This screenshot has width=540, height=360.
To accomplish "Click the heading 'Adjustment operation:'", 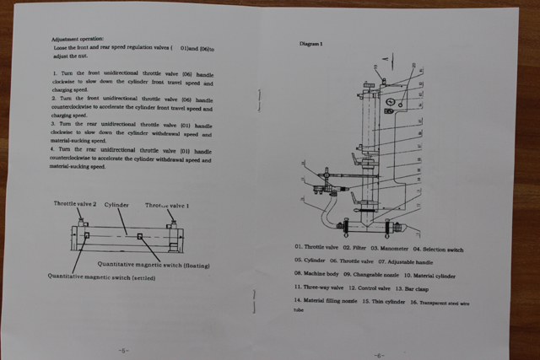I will tap(78, 40).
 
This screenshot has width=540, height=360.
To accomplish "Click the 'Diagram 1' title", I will tap(312, 42).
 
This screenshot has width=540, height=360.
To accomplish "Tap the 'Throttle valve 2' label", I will tap(76, 204).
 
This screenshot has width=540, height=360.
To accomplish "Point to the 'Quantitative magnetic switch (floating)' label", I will tap(159, 265).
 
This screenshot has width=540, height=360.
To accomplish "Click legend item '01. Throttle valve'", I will tap(316, 247).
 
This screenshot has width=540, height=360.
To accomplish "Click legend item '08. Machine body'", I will tap(316, 273).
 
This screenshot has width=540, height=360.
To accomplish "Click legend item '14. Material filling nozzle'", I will tap(325, 300).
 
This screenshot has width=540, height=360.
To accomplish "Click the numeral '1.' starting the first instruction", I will tap(54, 75).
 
